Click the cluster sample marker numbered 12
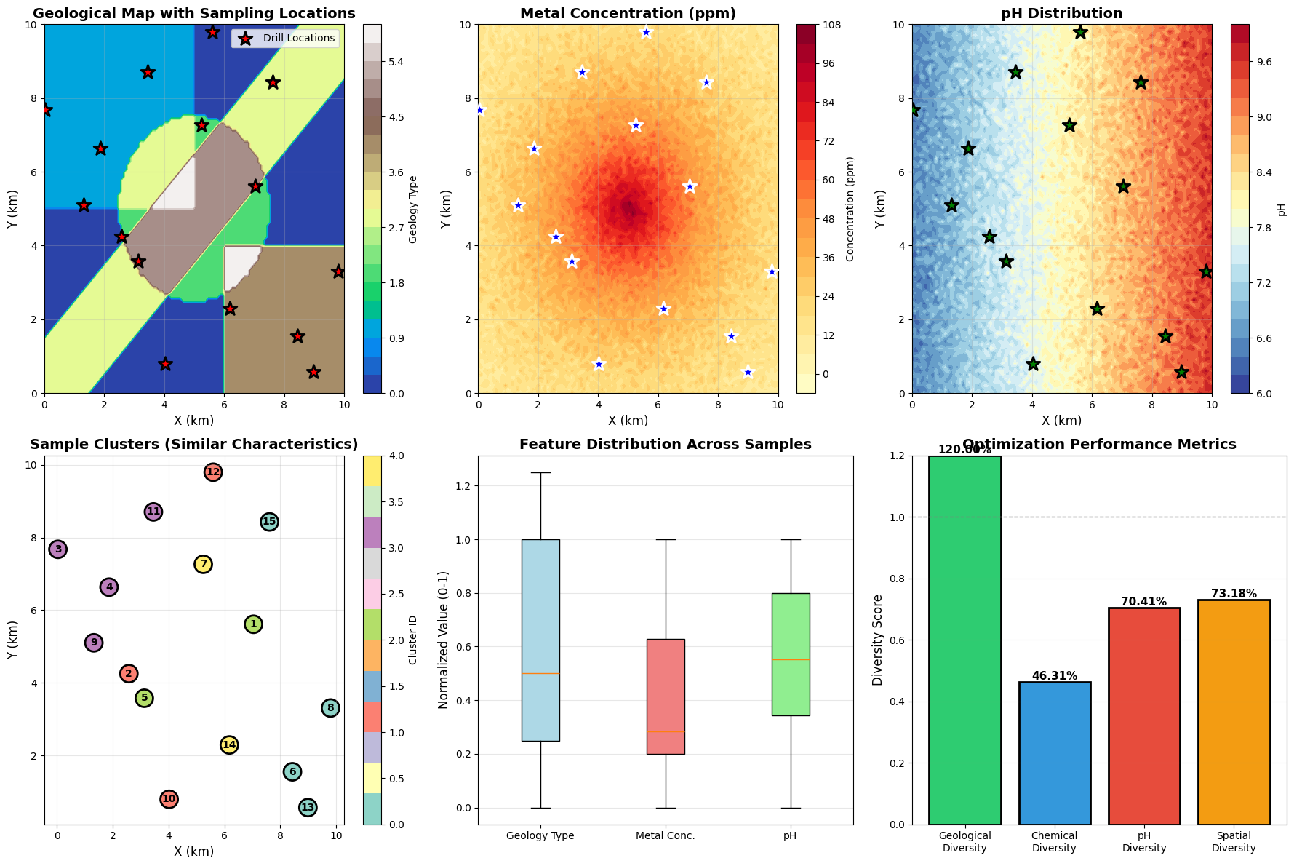point(212,472)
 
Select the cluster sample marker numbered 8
point(330,708)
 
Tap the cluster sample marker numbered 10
point(169,799)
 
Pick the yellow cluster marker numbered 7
point(204,564)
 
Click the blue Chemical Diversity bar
point(1054,753)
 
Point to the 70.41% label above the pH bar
point(1144,602)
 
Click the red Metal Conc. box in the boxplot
point(666,696)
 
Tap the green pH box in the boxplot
point(790,654)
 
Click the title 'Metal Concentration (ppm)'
point(628,14)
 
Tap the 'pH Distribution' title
point(1061,14)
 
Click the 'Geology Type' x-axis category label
point(540,835)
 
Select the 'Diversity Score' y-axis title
point(878,640)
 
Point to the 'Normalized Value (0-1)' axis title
point(444,640)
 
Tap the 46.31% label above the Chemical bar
point(1054,676)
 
